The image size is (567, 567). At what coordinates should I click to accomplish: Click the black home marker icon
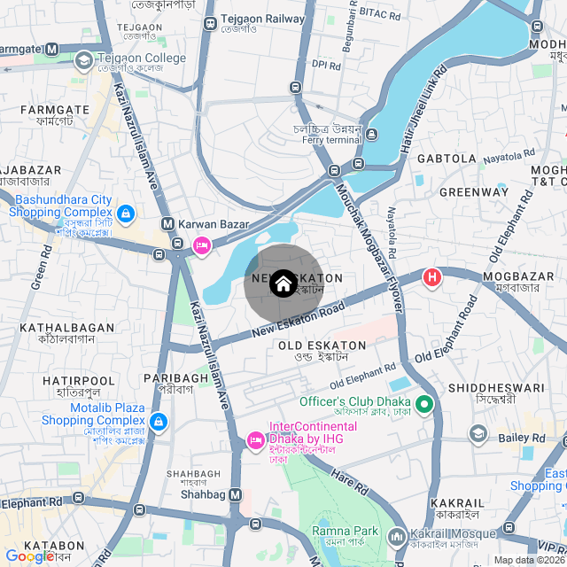click(x=283, y=283)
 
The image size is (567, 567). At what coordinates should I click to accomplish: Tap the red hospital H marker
click(x=432, y=278)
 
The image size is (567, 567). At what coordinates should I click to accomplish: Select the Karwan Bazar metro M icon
click(x=167, y=224)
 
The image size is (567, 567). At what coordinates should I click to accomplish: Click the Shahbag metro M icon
click(x=235, y=494)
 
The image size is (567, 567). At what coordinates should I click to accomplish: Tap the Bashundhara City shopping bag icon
click(x=126, y=214)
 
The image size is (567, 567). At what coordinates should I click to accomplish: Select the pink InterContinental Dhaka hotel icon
click(x=255, y=439)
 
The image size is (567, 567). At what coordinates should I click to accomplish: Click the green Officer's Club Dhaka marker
click(x=424, y=405)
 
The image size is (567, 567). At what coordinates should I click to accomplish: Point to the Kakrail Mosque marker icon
click(x=396, y=537)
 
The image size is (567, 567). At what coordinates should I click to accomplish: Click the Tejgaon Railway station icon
click(x=210, y=24)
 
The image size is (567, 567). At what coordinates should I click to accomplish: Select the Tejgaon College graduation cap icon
click(x=84, y=60)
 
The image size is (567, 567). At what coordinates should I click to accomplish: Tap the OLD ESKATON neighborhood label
click(x=322, y=346)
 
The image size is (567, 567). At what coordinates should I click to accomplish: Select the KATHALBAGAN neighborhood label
click(x=67, y=328)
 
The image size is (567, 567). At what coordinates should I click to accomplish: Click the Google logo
click(x=30, y=555)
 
